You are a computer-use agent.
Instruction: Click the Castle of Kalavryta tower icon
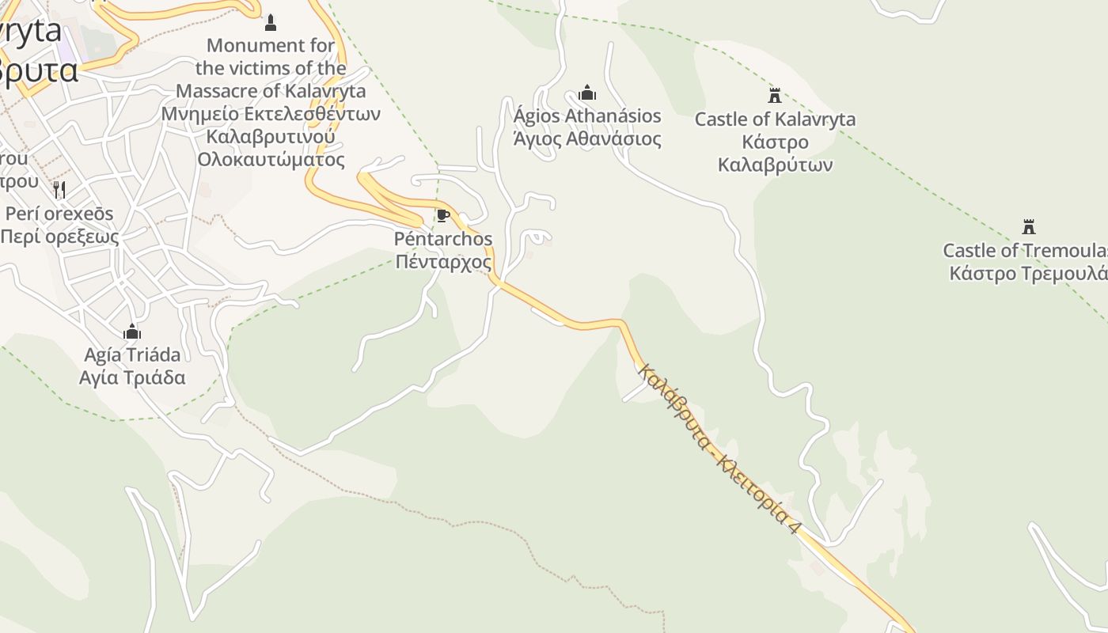(775, 96)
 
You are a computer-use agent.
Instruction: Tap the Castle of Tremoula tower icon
(1028, 227)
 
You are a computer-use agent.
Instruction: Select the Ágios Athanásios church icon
(586, 93)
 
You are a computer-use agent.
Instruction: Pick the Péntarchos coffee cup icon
(443, 215)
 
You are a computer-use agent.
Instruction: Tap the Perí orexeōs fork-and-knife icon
(59, 190)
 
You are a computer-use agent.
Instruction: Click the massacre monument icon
(271, 22)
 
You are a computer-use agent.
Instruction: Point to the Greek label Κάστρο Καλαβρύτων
(775, 154)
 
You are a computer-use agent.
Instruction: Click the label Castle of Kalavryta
(775, 119)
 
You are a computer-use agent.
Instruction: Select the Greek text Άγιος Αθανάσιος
(587, 138)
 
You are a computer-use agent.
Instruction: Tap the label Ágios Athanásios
(587, 116)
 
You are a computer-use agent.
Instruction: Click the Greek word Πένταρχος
(443, 262)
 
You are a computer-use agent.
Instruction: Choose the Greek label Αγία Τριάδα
(132, 377)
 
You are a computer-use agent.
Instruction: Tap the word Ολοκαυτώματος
(271, 159)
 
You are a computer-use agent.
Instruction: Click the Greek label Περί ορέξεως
(59, 237)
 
